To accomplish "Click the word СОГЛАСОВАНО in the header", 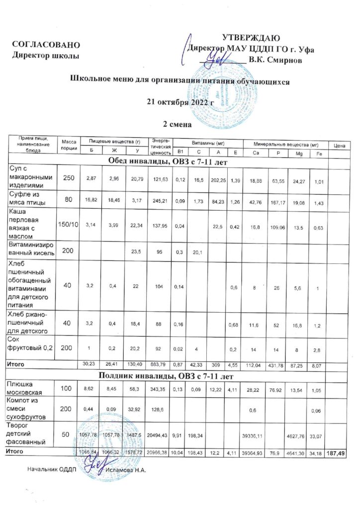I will pos(45,45).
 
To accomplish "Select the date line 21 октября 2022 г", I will pos(180,103).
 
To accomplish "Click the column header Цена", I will pos(340,146).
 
